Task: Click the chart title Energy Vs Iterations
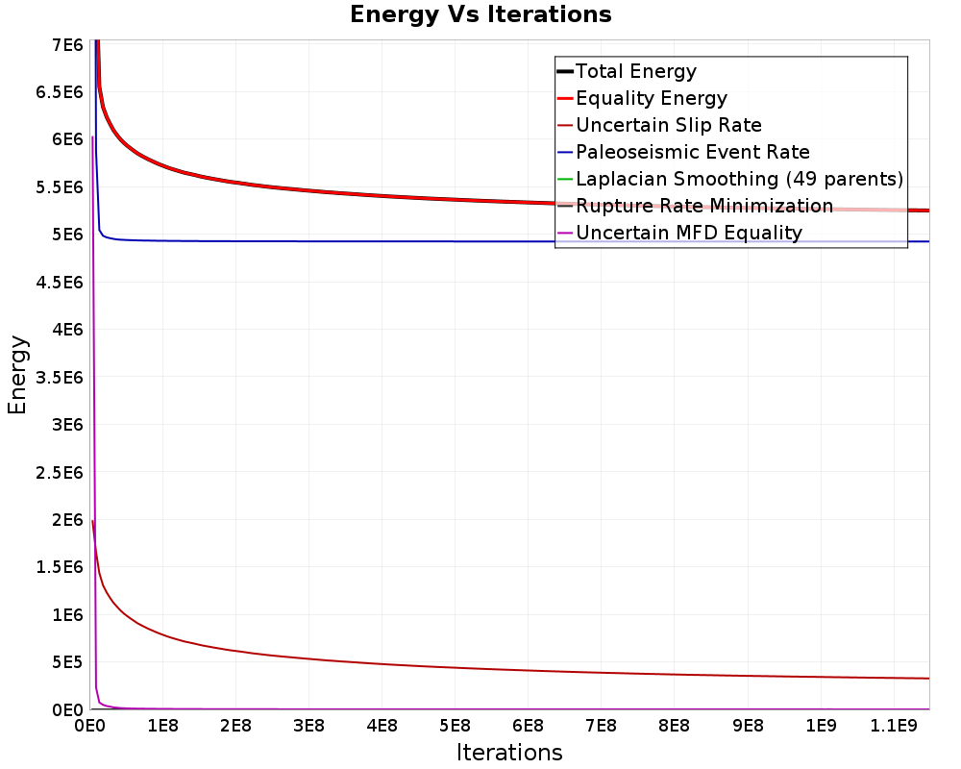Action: pyautogui.click(x=480, y=14)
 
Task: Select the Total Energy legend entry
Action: pyautogui.click(x=627, y=71)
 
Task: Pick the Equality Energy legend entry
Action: pyautogui.click(x=642, y=98)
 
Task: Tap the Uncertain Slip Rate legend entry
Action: pyautogui.click(x=659, y=125)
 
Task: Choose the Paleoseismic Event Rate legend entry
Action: pyautogui.click(x=683, y=152)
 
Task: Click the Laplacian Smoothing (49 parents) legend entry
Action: pyautogui.click(x=730, y=179)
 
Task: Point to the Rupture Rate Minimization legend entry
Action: pyautogui.click(x=695, y=206)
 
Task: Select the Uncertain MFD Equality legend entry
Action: pyautogui.click(x=679, y=233)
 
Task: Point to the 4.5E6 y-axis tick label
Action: pyautogui.click(x=60, y=282)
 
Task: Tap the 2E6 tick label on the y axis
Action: pyautogui.click(x=68, y=520)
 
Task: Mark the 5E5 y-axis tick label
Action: pyautogui.click(x=68, y=662)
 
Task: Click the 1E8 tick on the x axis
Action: pyautogui.click(x=162, y=726)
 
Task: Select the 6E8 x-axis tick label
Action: pyautogui.click(x=528, y=726)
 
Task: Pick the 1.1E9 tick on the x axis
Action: pyautogui.click(x=894, y=726)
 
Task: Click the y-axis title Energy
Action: pyautogui.click(x=17, y=375)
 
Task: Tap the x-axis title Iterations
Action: pyautogui.click(x=509, y=752)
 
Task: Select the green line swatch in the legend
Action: pyautogui.click(x=565, y=179)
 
